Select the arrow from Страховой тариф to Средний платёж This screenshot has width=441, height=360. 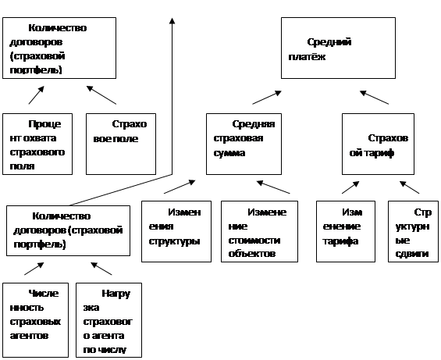pos(375,98)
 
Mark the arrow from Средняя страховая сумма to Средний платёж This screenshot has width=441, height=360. pos(267,98)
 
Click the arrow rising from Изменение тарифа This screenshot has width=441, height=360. pos(350,187)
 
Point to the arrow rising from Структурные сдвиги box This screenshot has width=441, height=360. pos(410,187)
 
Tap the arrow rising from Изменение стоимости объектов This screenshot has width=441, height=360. pos(273,187)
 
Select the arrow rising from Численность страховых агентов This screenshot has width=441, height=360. pos(34,269)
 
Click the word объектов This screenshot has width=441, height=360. pos(251,254)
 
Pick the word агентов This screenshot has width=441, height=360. pos(29,336)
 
